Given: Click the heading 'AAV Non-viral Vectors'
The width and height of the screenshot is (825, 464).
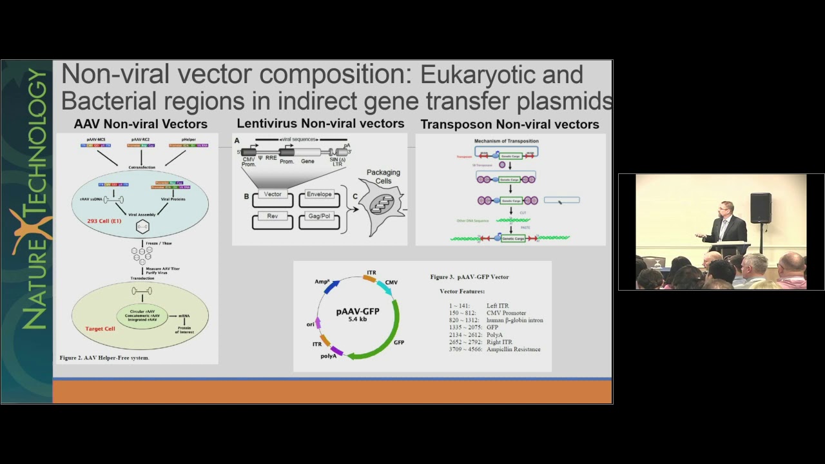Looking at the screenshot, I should (141, 124).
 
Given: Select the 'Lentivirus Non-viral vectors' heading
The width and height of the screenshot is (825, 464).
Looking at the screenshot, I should (320, 124).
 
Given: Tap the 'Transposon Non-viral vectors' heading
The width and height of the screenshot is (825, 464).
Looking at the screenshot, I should (510, 124).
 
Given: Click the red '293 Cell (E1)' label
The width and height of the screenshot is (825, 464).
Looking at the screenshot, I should (104, 221).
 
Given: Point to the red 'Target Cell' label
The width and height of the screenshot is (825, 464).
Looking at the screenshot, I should (100, 329).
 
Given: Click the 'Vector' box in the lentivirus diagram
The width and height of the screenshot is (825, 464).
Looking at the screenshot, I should (273, 195).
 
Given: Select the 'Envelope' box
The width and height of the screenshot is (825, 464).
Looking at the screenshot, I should (319, 195).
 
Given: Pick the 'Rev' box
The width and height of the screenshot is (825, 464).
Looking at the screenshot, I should (273, 217).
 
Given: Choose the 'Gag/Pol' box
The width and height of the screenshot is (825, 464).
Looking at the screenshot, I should (319, 217).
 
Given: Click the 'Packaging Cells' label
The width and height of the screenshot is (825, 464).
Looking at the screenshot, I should (383, 177).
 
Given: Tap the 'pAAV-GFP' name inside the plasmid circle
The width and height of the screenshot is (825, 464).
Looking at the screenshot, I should (358, 311).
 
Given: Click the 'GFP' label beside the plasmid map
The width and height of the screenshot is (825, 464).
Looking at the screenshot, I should (399, 342).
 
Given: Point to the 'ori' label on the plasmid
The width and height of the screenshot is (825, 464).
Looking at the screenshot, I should (311, 324).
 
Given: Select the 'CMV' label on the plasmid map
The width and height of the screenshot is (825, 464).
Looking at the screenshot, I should (391, 282).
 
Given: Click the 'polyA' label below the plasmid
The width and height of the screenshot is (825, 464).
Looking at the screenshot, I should (328, 356).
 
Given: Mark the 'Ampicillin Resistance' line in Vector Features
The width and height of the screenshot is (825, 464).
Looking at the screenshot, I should (513, 349).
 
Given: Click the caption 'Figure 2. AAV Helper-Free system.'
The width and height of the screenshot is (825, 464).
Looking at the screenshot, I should (104, 358).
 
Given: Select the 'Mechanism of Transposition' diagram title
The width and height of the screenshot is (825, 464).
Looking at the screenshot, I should (507, 141).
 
